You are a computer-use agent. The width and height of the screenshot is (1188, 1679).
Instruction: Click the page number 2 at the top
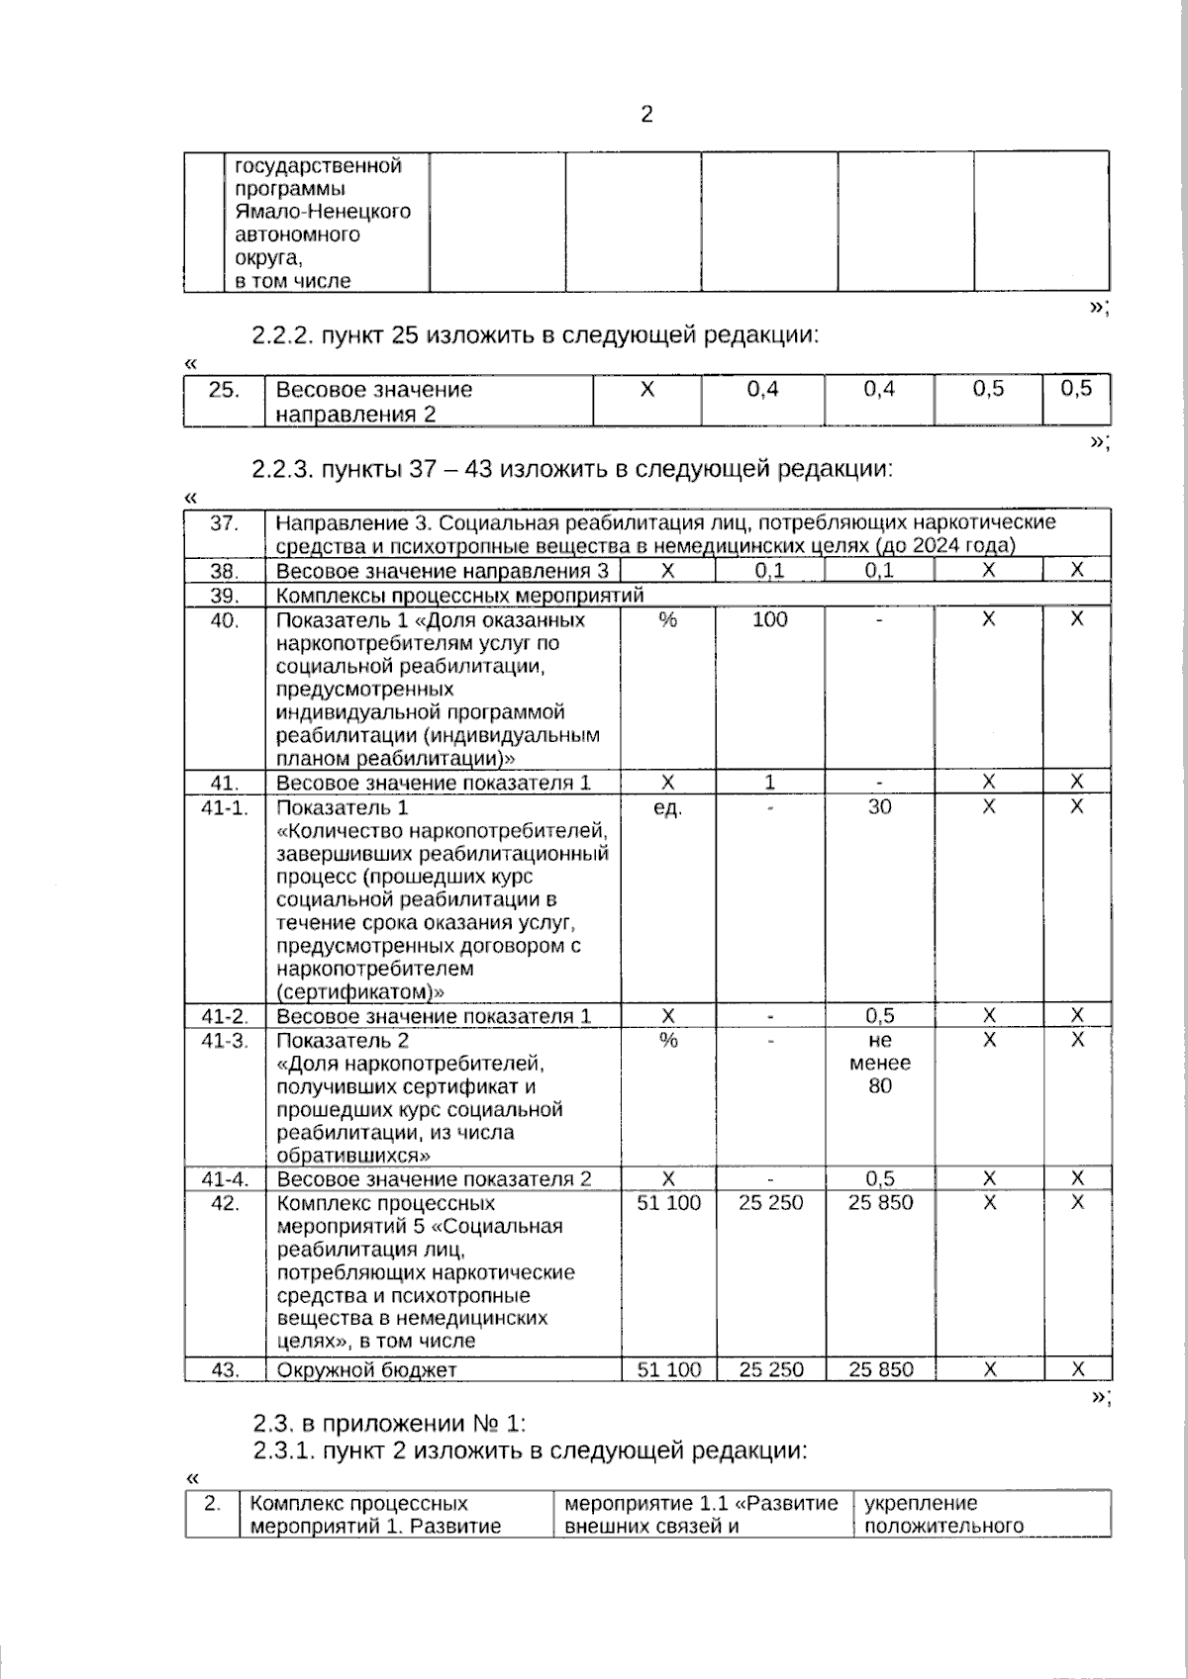point(646,115)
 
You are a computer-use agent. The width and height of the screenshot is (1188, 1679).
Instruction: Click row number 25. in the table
point(224,390)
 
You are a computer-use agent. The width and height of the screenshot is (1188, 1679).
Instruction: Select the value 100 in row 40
point(770,620)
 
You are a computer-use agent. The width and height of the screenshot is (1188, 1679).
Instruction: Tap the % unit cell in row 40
point(668,620)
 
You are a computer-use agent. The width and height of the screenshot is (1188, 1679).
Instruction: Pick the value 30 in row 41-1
point(879,807)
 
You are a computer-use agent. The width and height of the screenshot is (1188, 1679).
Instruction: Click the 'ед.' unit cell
point(668,807)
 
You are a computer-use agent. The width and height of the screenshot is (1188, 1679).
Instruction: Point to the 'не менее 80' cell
point(879,1064)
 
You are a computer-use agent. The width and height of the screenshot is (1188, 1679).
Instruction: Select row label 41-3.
point(224,1041)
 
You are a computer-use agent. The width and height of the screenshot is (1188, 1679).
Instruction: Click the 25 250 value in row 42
point(771,1203)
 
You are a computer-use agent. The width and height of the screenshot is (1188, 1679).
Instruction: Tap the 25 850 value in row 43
point(880,1370)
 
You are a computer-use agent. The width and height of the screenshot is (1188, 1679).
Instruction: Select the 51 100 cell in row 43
point(669,1370)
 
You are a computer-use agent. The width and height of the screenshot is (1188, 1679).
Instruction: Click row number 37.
point(224,522)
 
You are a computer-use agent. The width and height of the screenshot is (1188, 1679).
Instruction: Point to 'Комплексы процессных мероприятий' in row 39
point(459,596)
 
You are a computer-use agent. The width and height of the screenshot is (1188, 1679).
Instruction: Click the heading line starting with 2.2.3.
point(572,468)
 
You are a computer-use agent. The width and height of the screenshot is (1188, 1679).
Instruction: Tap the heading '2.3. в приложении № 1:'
point(389,1424)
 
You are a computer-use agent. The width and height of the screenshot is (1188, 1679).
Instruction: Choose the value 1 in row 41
point(770,783)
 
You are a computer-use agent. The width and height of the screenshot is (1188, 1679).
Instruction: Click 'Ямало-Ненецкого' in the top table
point(323,212)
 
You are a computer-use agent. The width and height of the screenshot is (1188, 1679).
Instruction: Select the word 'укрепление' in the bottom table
point(921,1504)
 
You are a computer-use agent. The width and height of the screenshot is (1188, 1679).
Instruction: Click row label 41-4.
point(224,1179)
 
